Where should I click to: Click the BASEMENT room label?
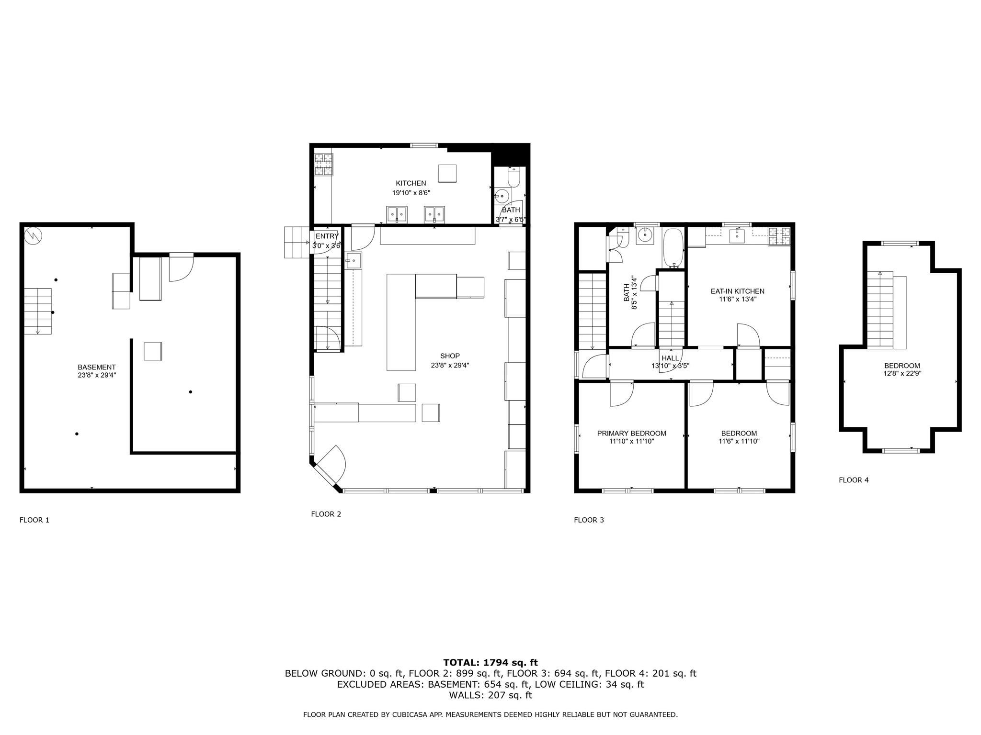click(97, 367)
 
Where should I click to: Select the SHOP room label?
click(450, 356)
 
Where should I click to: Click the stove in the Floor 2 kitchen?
click(324, 164)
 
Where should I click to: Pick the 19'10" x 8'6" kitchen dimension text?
click(411, 193)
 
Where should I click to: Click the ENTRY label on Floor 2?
click(327, 236)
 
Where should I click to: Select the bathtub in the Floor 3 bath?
click(673, 247)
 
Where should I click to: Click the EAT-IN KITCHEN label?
click(737, 291)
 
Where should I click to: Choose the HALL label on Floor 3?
click(670, 358)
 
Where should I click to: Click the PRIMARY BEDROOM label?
click(631, 434)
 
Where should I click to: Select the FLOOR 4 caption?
click(854, 480)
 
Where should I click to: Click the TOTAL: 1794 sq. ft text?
click(490, 662)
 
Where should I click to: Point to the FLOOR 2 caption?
click(326, 514)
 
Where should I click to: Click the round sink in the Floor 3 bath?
click(645, 235)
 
